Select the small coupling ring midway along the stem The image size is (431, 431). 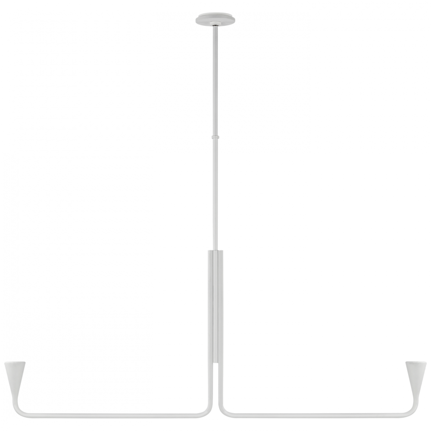(215, 138)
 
